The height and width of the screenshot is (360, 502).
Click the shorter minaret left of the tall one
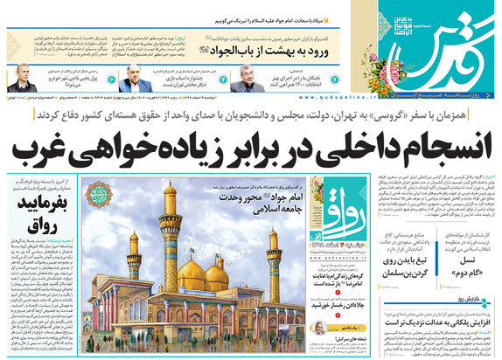coord(134,262)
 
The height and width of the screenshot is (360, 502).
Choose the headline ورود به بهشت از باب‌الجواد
coord(246,43)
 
